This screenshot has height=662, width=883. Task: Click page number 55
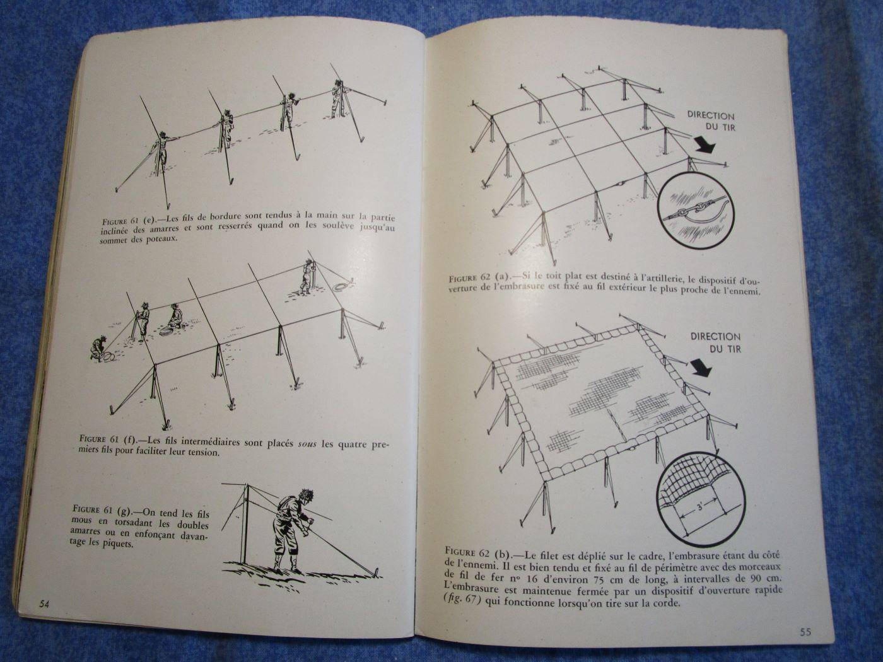pos(805,632)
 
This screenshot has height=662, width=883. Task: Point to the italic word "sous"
pos(307,444)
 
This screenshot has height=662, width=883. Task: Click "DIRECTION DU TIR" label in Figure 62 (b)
pos(715,342)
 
